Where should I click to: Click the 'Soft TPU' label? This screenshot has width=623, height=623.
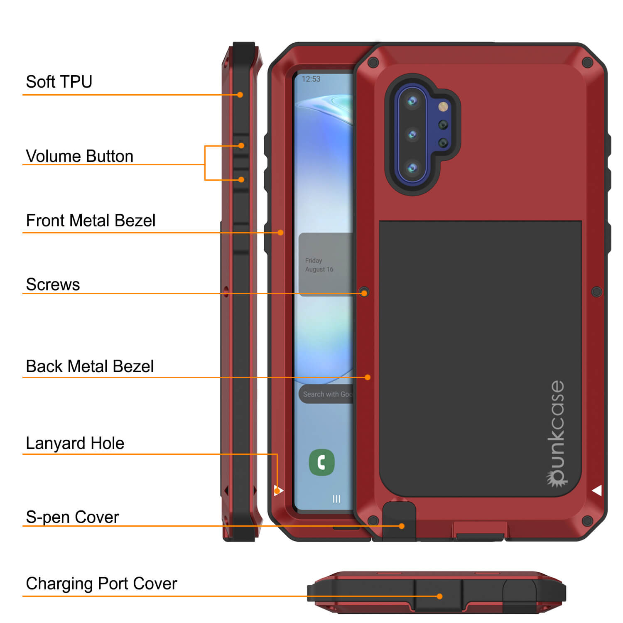click(59, 82)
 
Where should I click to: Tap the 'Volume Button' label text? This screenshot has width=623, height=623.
click(79, 156)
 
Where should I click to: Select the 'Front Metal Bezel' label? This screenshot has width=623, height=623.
click(91, 221)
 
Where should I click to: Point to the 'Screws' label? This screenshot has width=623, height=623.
click(53, 285)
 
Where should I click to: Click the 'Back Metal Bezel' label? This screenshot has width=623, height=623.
click(90, 366)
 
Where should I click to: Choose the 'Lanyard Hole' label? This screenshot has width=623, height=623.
click(75, 443)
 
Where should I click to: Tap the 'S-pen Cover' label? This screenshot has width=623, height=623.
click(72, 517)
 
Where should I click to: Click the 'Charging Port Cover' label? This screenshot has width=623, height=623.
click(101, 584)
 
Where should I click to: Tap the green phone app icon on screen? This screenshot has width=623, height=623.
click(322, 462)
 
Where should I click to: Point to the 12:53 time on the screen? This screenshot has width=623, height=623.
click(311, 79)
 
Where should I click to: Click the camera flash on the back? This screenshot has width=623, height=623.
click(443, 107)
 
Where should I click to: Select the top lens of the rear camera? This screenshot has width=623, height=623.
click(412, 101)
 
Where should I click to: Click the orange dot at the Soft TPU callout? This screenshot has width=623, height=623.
click(240, 95)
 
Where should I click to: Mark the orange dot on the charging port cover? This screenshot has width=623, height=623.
click(439, 596)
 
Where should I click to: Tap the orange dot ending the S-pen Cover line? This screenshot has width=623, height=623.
click(401, 526)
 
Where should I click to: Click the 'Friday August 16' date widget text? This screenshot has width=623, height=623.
click(319, 265)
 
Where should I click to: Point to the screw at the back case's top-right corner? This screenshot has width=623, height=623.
click(587, 63)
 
